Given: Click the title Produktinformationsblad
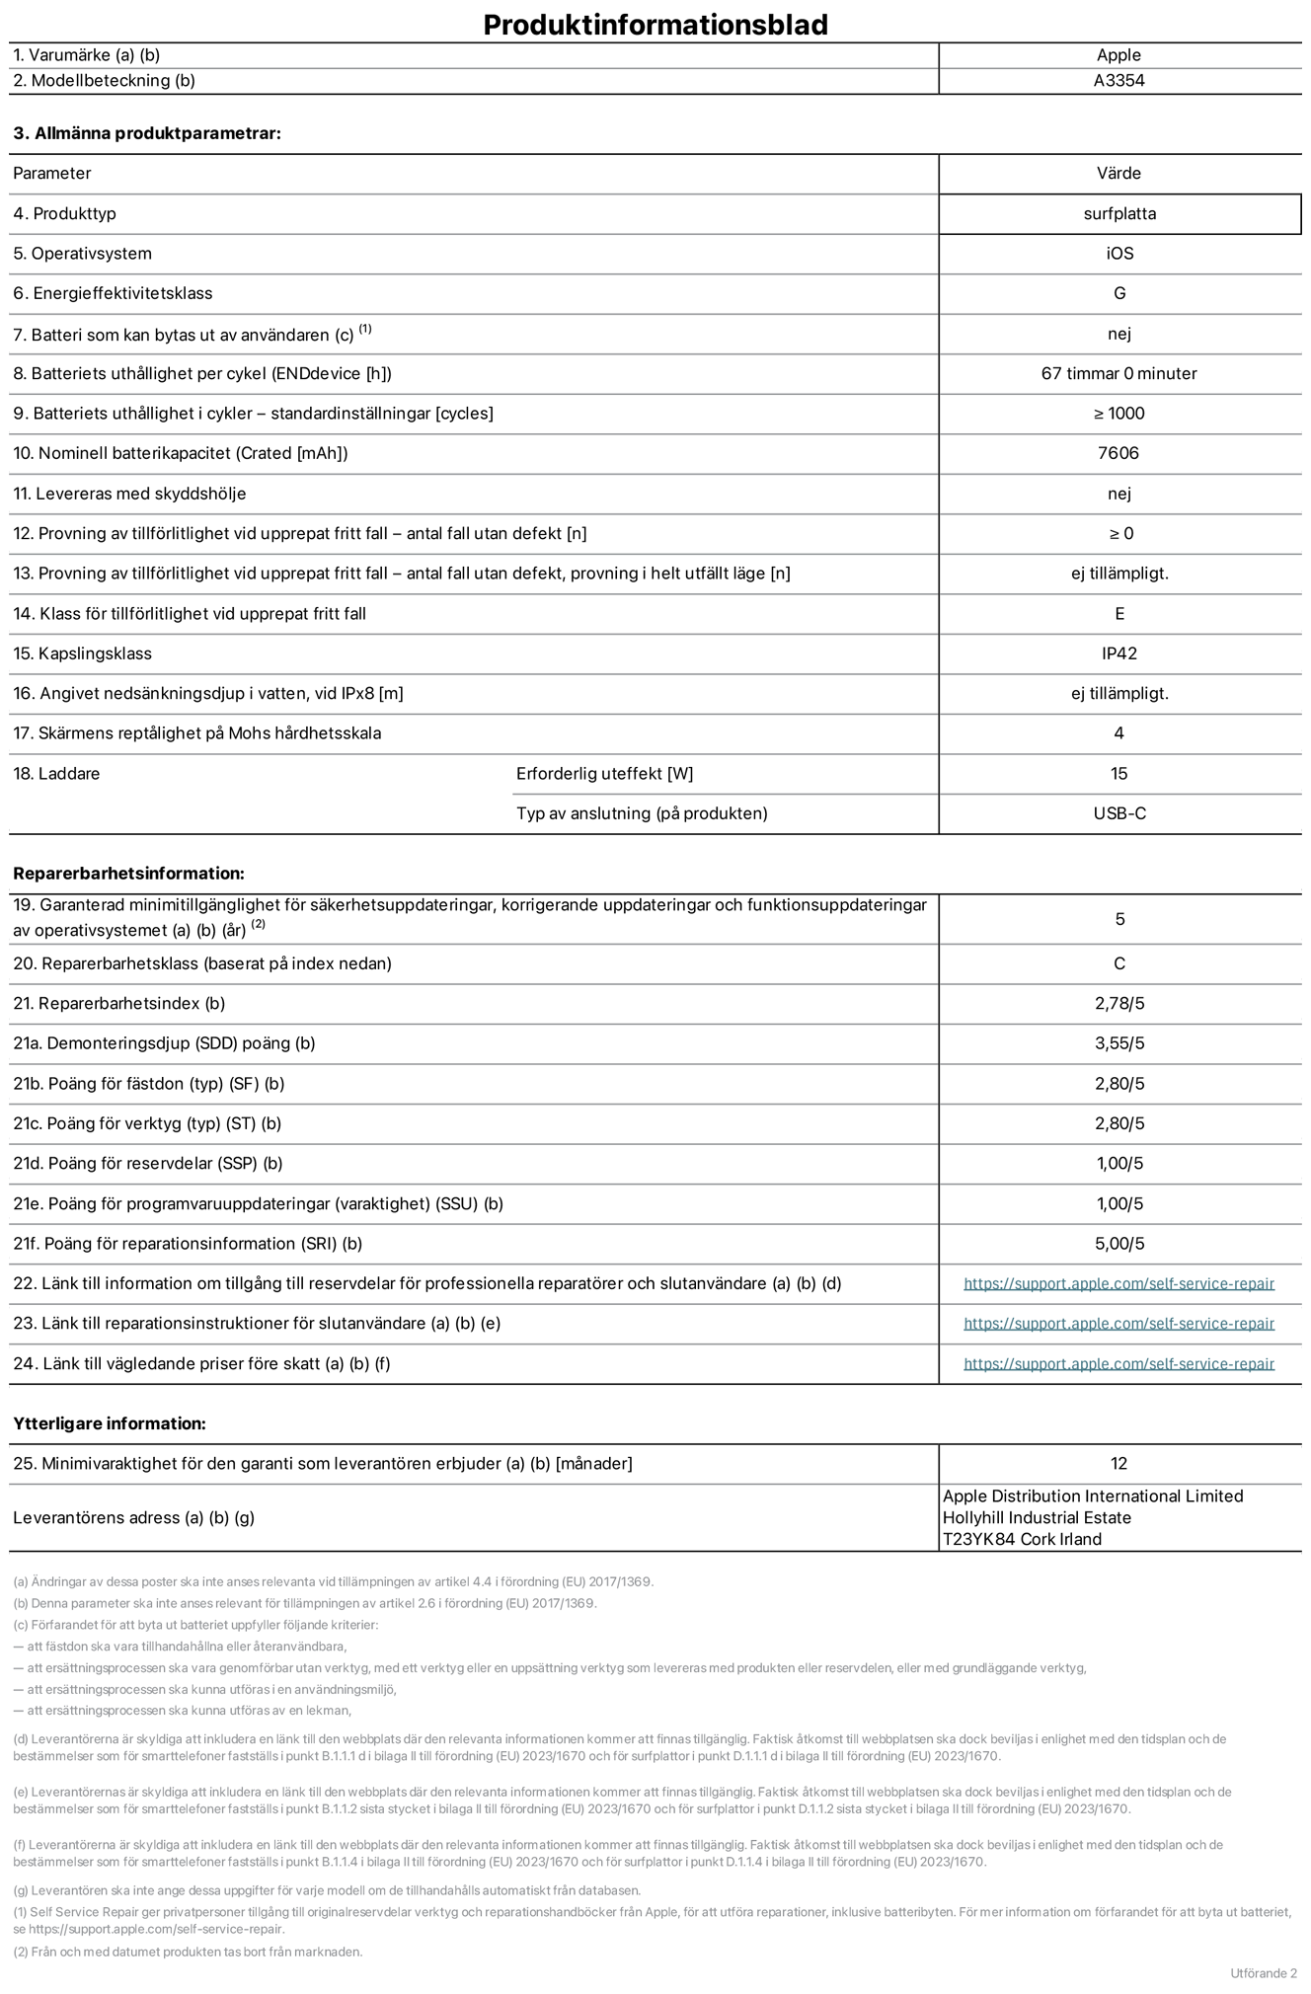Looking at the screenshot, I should [x=655, y=25].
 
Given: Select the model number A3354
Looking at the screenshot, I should [x=1118, y=81].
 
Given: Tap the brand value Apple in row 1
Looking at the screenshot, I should [x=1118, y=55].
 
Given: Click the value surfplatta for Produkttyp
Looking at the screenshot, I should [x=1118, y=213].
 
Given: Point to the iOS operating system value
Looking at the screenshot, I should [x=1118, y=254].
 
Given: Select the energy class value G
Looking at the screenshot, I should [x=1118, y=293].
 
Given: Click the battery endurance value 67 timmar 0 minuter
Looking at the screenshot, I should [x=1118, y=373].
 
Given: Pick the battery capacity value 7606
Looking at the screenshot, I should [x=1118, y=453].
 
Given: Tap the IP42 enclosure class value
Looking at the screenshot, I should [x=1118, y=653].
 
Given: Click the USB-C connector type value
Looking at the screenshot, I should [x=1118, y=813].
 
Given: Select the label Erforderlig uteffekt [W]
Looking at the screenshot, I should [x=604, y=774].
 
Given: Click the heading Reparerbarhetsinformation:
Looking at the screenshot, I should [x=128, y=874].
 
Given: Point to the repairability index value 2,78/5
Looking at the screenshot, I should [x=1118, y=1003].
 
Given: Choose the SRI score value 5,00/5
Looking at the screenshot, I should [x=1118, y=1244].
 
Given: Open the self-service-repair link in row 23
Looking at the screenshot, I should [x=1118, y=1324].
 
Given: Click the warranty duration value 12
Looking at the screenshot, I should [x=1118, y=1463].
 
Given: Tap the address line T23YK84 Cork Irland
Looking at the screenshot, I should [x=1022, y=1539].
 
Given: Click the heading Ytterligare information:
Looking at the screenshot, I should [x=110, y=1423].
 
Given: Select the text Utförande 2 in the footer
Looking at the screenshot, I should [x=1263, y=1973].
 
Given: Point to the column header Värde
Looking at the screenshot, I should [x=1118, y=174].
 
